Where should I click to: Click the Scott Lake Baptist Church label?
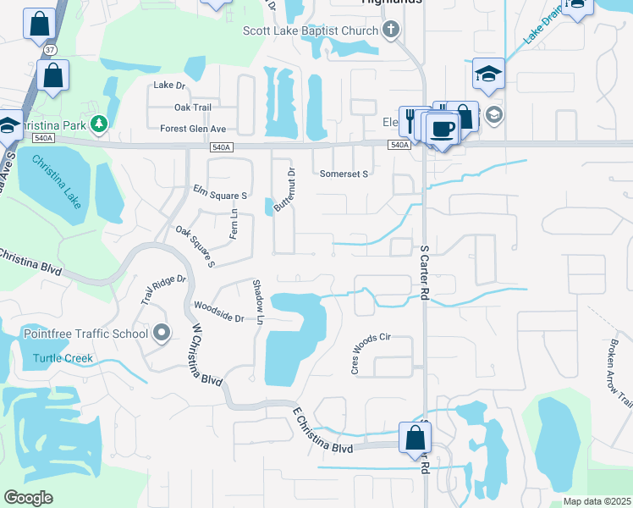310,31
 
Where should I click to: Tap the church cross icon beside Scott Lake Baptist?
390,31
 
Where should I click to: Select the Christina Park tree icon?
99,124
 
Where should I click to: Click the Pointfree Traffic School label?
85,334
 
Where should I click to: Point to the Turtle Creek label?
63,358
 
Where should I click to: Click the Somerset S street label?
344,174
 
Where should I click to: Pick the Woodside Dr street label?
218,311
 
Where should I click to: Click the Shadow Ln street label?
259,301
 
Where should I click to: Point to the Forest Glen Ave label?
193,129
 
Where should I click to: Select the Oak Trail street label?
192,108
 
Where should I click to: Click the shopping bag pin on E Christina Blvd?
415,438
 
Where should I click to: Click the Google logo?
28,498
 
